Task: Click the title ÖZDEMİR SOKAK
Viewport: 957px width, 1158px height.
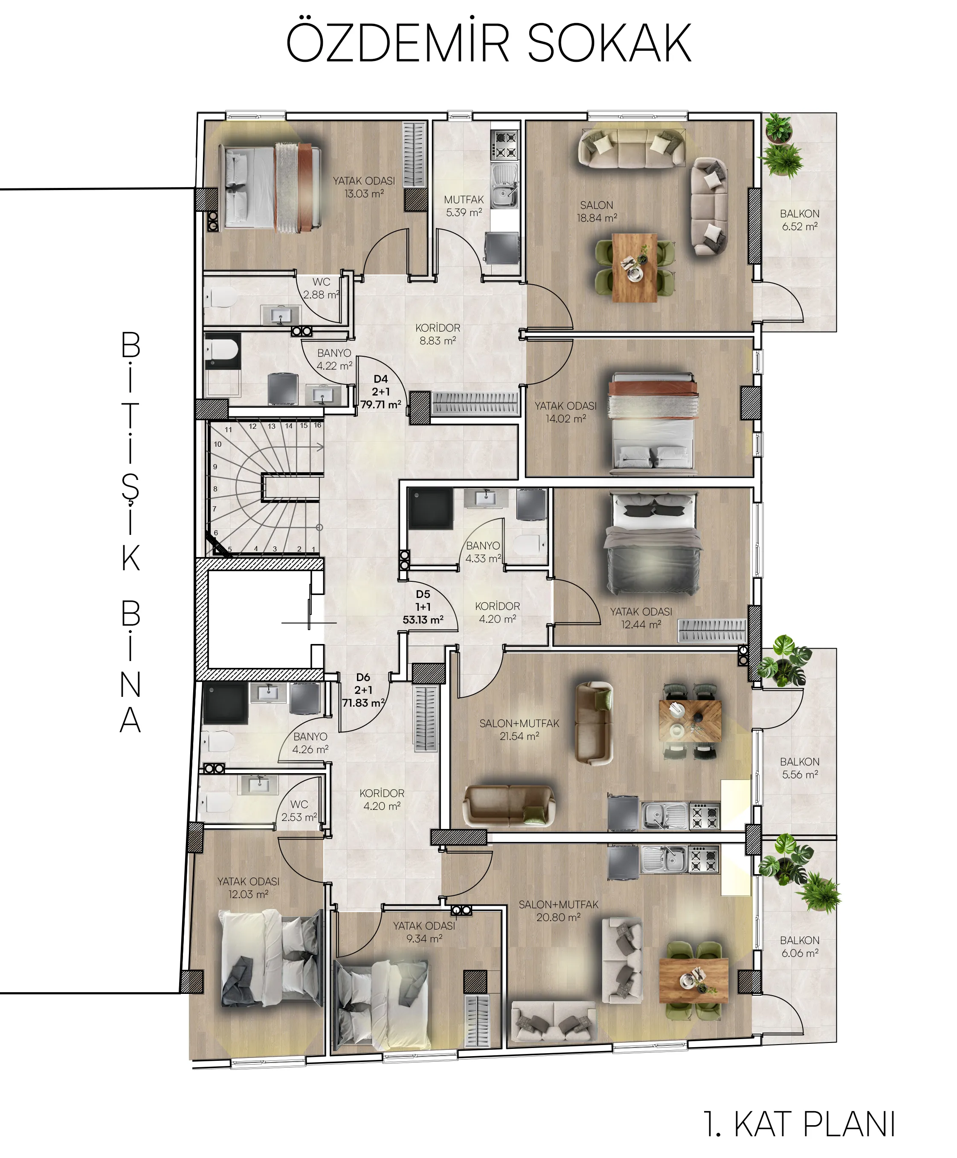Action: click(488, 43)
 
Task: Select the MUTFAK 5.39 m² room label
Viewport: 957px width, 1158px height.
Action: click(464, 206)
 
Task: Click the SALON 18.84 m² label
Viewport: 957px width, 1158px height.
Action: click(597, 211)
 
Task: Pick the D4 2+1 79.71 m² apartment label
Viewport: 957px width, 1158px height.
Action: click(380, 392)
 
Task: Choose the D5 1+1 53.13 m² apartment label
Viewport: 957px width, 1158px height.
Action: click(423, 607)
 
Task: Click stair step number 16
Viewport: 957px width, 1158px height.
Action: click(318, 425)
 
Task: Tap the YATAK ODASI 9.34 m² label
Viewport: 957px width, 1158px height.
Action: click(424, 932)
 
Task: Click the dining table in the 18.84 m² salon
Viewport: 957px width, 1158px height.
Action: click(635, 268)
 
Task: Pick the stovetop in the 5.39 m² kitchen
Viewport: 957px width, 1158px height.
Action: click(505, 145)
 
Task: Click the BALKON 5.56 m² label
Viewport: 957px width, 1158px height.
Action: click(799, 768)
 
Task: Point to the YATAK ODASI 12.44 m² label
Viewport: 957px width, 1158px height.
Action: click(641, 618)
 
